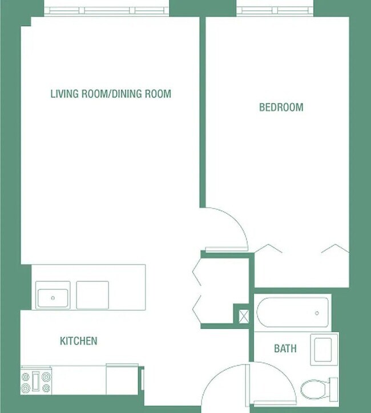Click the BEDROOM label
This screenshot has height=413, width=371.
[281, 107]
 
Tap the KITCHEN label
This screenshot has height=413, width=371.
[79, 341]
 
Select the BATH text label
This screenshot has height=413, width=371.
[285, 348]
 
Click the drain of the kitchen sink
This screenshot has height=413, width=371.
[53, 297]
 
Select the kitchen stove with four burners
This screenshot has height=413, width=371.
[36, 380]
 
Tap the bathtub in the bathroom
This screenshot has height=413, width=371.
[292, 311]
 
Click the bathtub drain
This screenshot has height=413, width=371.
[317, 313]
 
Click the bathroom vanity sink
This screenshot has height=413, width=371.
[324, 349]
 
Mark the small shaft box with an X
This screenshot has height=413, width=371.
[243, 315]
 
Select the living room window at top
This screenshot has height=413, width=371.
[107, 10]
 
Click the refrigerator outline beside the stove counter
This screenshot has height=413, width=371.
[123, 379]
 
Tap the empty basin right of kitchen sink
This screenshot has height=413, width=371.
[92, 295]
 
